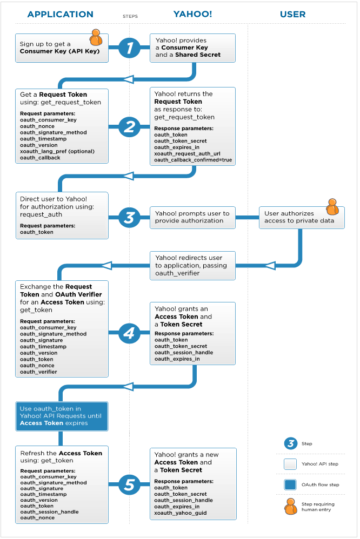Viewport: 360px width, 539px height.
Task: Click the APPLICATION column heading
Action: click(x=60, y=15)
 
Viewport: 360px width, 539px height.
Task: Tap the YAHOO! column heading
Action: click(x=192, y=14)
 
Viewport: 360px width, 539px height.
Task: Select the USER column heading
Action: click(x=292, y=15)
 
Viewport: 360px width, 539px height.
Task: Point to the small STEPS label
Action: click(x=130, y=16)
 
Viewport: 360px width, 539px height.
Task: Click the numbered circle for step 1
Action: click(x=129, y=48)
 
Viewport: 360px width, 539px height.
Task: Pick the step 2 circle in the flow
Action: click(x=129, y=127)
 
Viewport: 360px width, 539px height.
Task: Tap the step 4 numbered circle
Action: click(x=129, y=332)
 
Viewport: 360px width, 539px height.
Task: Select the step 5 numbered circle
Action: click(x=129, y=484)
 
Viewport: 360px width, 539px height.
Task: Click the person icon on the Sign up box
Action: click(x=96, y=37)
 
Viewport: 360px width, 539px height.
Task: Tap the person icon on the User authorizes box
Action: click(x=332, y=207)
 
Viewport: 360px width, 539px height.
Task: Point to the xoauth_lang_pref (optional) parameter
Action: click(x=57, y=151)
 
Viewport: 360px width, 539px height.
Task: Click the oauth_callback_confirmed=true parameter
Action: click(x=193, y=160)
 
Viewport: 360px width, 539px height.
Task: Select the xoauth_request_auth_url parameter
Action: click(x=187, y=154)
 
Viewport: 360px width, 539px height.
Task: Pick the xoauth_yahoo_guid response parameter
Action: click(x=181, y=513)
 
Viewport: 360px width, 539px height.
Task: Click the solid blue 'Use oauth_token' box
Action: click(x=62, y=416)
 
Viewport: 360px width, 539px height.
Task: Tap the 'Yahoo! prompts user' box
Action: click(x=193, y=218)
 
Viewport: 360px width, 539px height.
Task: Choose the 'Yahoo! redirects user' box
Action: click(x=193, y=266)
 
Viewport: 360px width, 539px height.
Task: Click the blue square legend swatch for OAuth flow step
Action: click(x=290, y=484)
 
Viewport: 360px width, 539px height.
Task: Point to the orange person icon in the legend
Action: click(x=291, y=507)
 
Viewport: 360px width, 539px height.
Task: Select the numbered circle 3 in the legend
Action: click(x=291, y=443)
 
